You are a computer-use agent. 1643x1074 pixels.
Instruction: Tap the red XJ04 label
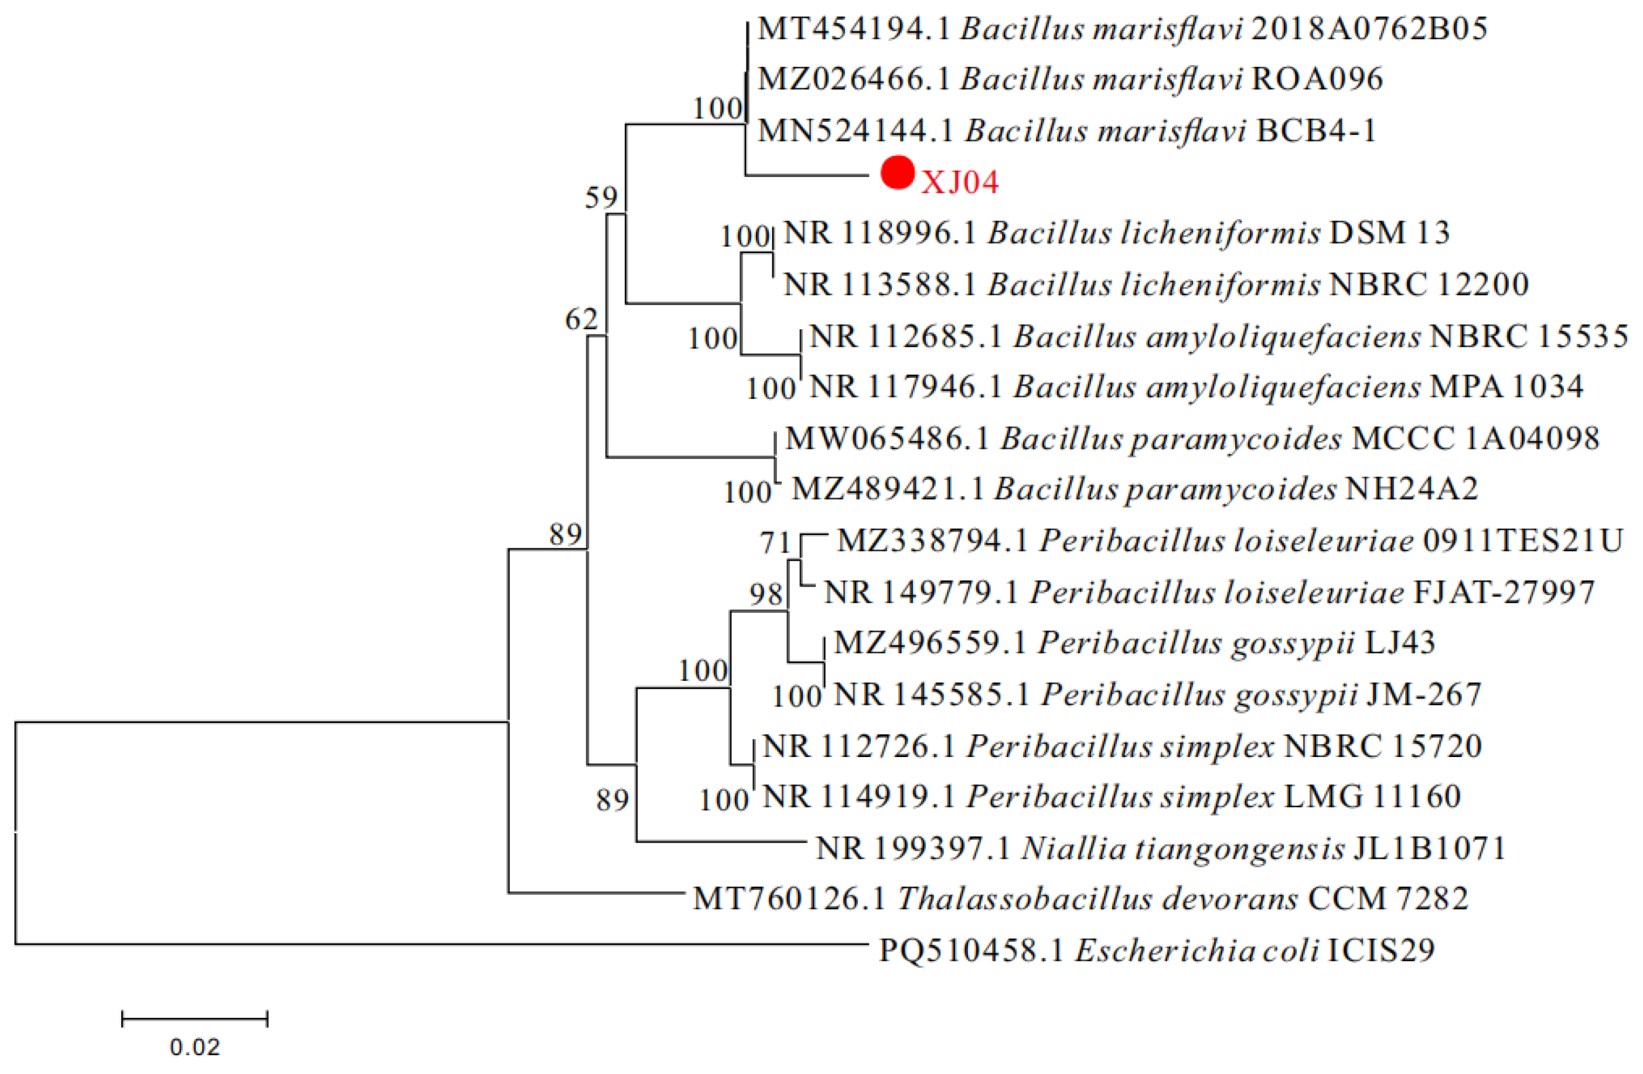[960, 183]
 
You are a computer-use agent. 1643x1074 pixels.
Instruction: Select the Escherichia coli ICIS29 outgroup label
[1156, 950]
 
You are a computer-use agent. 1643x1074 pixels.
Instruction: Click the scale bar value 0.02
[195, 1047]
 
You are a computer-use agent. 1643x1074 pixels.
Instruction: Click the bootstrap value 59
[601, 198]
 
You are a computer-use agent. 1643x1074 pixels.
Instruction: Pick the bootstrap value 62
[581, 319]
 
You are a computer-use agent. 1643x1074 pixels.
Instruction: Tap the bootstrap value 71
[775, 543]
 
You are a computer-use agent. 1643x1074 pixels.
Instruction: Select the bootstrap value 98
[766, 594]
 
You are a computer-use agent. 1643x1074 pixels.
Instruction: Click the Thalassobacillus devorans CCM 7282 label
[1080, 899]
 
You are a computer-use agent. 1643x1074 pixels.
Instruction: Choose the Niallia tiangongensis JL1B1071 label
[1160, 848]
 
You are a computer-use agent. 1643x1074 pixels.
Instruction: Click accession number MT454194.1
[854, 29]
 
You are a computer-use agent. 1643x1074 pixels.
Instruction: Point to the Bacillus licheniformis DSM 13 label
[1116, 233]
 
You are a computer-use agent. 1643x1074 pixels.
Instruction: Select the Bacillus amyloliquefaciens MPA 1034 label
[1196, 387]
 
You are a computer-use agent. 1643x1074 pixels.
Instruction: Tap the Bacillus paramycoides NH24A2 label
[1134, 489]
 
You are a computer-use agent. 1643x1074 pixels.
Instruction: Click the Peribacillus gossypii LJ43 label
[1134, 643]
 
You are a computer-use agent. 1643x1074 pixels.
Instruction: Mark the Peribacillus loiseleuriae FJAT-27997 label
[1209, 592]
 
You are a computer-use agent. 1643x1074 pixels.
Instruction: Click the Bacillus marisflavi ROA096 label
[1070, 79]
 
